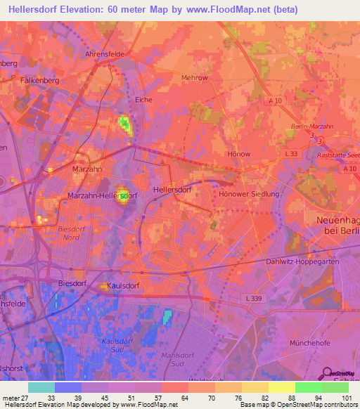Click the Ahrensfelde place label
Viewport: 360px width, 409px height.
click(x=103, y=53)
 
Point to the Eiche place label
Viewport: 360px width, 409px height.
click(x=143, y=100)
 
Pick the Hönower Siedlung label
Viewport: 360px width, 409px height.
click(x=250, y=194)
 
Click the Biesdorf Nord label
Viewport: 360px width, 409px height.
click(x=72, y=233)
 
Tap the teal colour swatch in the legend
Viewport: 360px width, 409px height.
click(x=41, y=387)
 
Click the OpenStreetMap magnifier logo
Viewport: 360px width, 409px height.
click(x=326, y=373)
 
